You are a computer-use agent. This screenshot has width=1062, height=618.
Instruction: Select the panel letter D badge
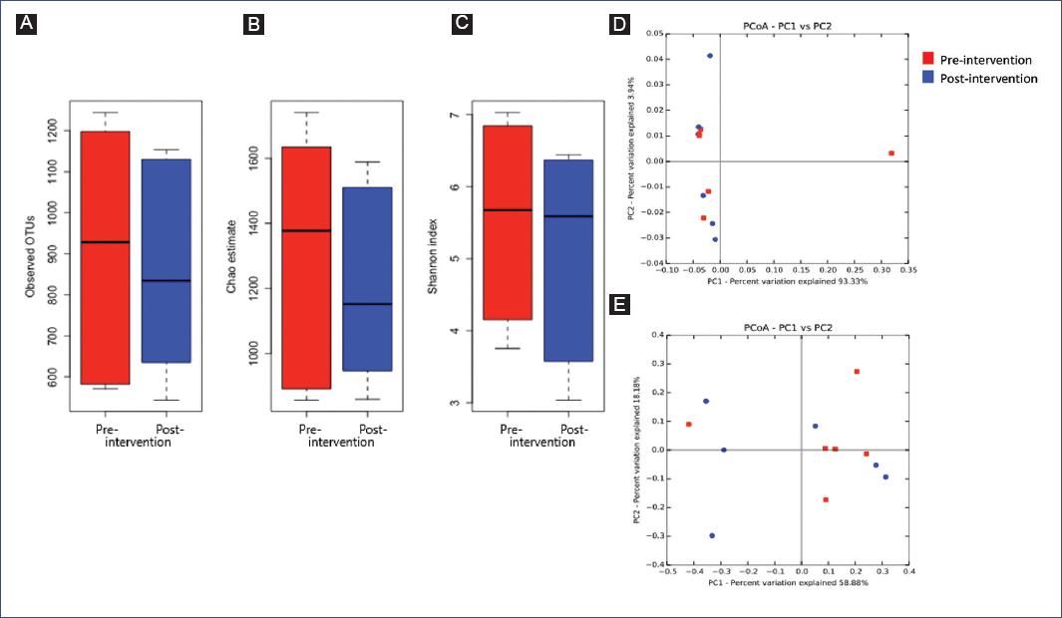point(620,23)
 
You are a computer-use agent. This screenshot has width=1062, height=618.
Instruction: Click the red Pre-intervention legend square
point(927,60)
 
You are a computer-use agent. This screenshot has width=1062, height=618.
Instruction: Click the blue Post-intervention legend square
point(927,78)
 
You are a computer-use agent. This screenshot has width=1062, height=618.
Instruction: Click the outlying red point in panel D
point(890,154)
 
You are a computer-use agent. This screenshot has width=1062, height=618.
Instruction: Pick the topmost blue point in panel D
point(710,56)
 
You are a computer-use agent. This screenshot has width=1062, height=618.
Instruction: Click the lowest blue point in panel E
point(712,535)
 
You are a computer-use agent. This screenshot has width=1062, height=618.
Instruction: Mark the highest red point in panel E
point(856,372)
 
